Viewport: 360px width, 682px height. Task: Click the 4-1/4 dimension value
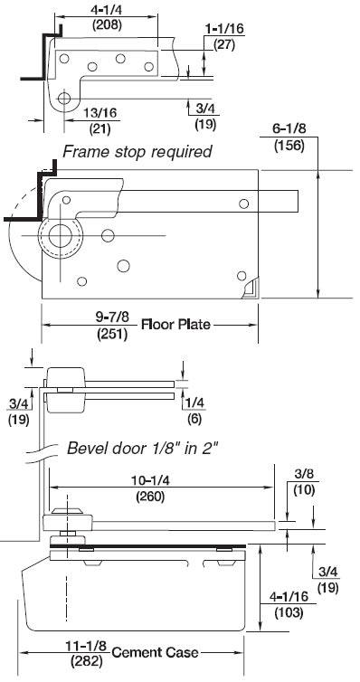coord(107,10)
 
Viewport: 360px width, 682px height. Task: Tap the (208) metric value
coord(107,24)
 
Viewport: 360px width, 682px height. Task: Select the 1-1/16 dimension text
coord(224,29)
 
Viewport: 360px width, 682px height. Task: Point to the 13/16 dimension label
coord(100,113)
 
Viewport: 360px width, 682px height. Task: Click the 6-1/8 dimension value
coord(289,129)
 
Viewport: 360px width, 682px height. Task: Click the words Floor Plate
coord(175,325)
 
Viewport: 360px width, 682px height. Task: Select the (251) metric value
coord(112,335)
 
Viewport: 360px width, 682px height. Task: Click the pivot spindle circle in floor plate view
coord(60,236)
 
